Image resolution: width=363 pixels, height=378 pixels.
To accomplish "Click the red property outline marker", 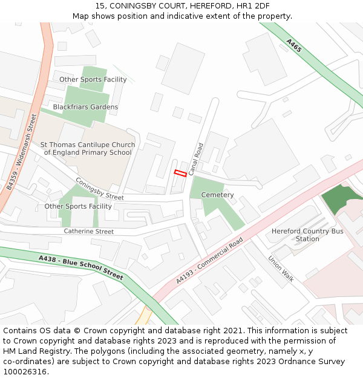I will click(x=180, y=174).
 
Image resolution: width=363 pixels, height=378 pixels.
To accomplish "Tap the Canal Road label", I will click(x=195, y=159).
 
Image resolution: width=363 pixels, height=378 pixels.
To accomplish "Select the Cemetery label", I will click(x=217, y=195).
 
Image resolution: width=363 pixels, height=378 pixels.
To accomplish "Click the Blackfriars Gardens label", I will click(x=85, y=107).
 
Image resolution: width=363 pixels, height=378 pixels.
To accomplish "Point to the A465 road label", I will click(x=293, y=46).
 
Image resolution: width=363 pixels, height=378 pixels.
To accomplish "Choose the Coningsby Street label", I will click(x=99, y=189).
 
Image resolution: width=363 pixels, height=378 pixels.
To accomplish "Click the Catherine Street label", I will click(x=89, y=232).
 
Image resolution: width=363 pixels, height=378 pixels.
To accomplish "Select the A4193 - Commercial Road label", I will click(x=209, y=260).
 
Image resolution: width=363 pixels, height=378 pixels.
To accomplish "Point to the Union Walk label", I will click(x=281, y=269).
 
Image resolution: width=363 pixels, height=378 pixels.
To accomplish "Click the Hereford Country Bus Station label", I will click(x=307, y=235).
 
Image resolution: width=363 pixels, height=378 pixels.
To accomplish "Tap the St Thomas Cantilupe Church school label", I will click(x=88, y=149).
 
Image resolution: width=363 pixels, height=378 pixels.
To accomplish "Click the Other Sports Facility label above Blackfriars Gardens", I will click(x=85, y=79).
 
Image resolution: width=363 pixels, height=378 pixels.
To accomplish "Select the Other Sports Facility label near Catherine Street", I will click(x=78, y=206).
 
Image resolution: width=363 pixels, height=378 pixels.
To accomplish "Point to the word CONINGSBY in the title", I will click(x=135, y=5).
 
